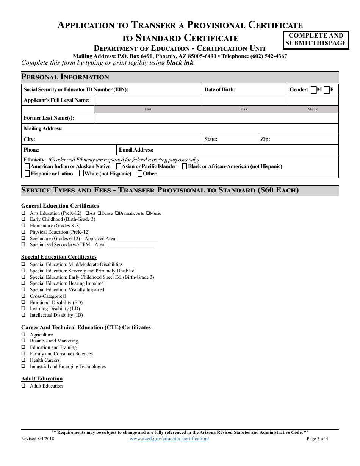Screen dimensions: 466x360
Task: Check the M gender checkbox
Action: tap(313, 90)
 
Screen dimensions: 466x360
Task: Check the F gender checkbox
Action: tap(327, 90)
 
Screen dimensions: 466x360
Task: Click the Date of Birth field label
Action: tap(220, 90)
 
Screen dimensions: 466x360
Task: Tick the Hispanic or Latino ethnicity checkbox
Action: tap(27, 174)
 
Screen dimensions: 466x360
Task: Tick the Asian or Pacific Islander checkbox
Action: tap(119, 166)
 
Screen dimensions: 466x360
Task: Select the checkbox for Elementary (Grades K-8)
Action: tap(23, 226)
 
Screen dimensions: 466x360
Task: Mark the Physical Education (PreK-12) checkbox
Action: tap(23, 232)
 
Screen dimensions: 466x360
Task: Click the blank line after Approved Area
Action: tap(138, 239)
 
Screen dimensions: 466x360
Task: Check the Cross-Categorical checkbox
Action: tap(23, 296)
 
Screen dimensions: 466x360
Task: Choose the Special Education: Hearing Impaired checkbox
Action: tap(23, 283)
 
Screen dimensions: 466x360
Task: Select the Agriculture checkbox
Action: tap(23, 335)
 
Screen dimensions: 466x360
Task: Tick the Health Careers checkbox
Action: tap(23, 360)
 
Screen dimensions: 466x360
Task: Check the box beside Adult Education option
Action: tap(23, 386)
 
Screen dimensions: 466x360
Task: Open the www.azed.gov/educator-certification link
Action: tap(169, 439)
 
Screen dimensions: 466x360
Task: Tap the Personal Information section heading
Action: tap(65, 77)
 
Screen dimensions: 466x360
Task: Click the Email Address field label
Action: tap(136, 150)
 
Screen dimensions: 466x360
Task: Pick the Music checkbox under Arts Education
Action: tap(148, 213)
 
